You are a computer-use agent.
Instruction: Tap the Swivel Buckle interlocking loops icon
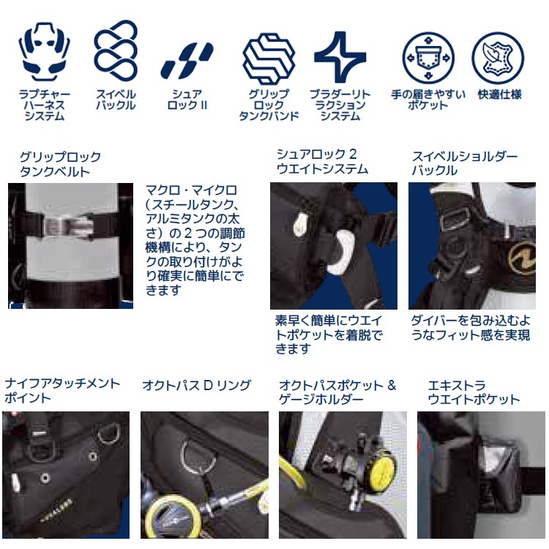(x=116, y=50)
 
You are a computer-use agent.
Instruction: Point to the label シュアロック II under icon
(x=189, y=100)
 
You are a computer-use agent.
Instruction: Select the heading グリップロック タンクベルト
(x=60, y=165)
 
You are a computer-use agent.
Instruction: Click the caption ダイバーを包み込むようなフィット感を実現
(x=470, y=328)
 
